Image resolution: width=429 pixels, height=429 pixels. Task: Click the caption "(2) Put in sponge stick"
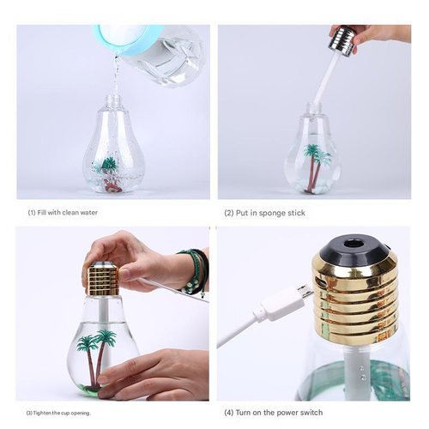click(264, 213)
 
